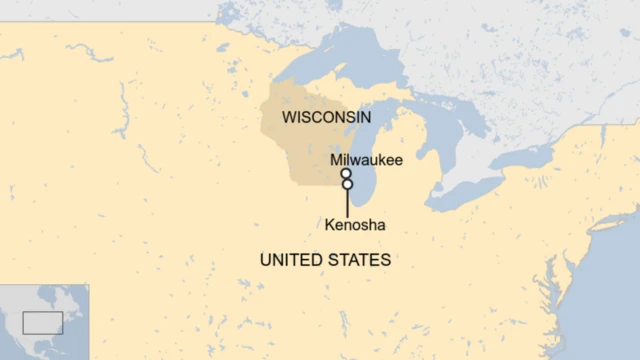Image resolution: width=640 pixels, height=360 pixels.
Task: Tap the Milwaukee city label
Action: (366, 159)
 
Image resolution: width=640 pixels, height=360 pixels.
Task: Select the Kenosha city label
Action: (355, 225)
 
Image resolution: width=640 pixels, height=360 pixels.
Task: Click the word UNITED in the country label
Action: (289, 260)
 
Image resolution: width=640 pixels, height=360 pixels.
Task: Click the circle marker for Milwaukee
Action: (346, 173)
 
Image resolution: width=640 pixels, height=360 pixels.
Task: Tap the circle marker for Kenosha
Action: (347, 184)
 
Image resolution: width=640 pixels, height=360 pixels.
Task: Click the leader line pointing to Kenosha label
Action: (347, 202)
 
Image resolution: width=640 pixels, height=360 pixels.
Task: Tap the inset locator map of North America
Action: (44, 321)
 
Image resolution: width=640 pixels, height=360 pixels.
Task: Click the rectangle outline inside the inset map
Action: (43, 322)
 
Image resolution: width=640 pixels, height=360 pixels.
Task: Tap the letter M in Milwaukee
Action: (336, 159)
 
